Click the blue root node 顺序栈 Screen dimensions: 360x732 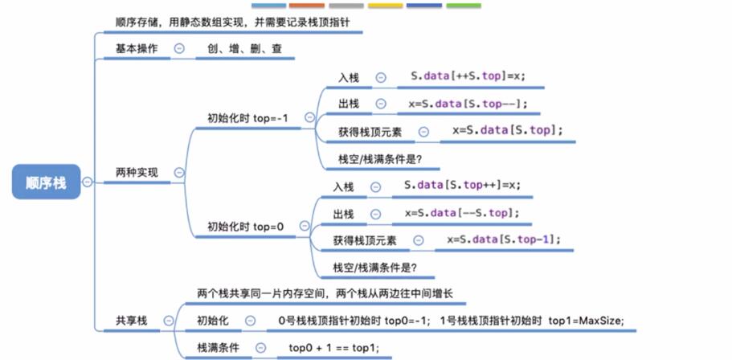47,183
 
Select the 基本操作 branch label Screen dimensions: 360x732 137,49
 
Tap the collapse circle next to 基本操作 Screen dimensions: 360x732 179,49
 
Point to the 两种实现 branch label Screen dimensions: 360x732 137,172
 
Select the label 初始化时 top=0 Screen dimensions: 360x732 246,227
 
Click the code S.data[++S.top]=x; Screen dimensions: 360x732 467,77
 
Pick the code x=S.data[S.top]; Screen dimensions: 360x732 507,130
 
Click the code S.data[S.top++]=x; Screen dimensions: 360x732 462,186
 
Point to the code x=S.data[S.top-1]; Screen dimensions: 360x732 503,239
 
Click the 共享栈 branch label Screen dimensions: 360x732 132,321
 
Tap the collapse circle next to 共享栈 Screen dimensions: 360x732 168,321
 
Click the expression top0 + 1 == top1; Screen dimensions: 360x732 333,348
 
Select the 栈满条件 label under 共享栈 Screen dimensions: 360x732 219,348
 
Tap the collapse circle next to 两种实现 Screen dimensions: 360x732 179,172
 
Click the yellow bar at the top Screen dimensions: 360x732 385,5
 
